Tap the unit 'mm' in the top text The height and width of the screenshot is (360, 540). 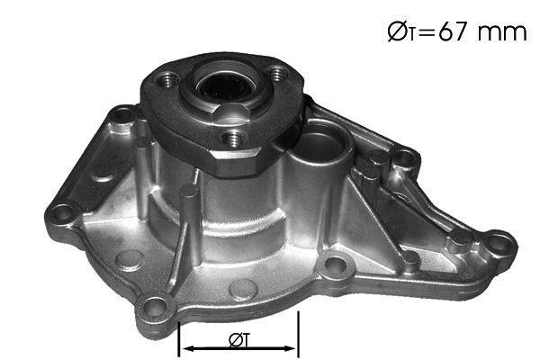pyautogui.click(x=502, y=32)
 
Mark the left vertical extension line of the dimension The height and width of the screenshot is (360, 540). pyautogui.click(x=179, y=339)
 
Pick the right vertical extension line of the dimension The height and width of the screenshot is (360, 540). pyautogui.click(x=298, y=334)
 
